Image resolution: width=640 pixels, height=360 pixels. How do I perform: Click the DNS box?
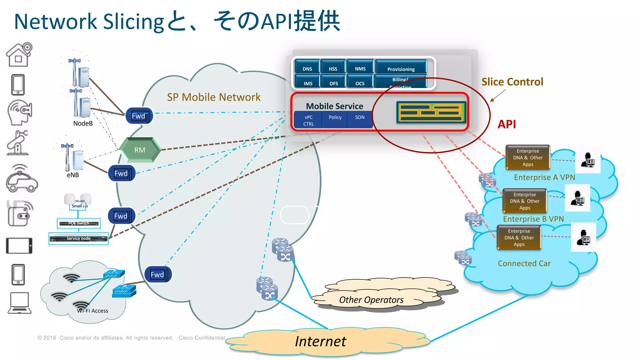[307, 69]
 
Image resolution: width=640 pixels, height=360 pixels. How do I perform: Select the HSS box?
[333, 69]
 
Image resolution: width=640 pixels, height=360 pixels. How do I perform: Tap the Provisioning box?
[401, 69]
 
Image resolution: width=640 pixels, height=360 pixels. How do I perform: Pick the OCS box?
[360, 83]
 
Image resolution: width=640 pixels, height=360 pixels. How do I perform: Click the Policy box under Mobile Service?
[335, 117]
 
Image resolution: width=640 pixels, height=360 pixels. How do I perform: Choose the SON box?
[360, 117]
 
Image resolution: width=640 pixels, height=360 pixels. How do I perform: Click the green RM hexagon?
[140, 150]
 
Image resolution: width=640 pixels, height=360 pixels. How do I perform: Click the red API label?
[507, 124]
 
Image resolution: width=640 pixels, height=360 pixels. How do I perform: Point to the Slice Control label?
[512, 82]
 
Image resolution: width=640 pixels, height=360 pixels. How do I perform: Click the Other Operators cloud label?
[371, 300]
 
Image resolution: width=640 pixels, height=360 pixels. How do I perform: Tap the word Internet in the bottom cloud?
[320, 341]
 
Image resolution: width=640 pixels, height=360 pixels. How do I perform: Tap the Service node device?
[79, 238]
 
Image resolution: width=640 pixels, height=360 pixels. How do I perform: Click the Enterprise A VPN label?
[544, 177]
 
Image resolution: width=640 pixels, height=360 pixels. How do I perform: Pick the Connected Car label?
[524, 263]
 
